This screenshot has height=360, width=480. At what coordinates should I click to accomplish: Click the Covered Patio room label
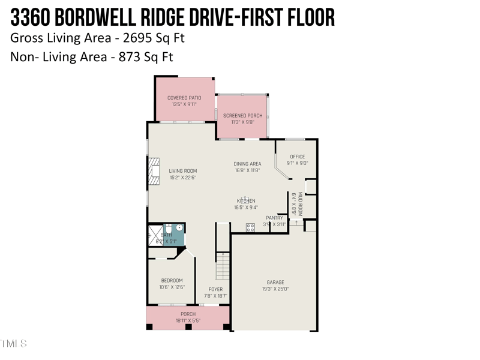click(x=184, y=98)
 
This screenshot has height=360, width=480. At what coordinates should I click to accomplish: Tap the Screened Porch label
click(x=239, y=116)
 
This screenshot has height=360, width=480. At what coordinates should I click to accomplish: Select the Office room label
click(x=298, y=157)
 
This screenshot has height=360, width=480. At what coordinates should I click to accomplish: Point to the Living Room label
click(x=182, y=171)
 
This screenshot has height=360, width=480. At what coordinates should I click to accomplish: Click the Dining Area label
click(x=247, y=164)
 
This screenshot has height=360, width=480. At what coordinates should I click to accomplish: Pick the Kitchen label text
click(x=246, y=201)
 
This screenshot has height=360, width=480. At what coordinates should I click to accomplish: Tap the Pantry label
click(x=274, y=218)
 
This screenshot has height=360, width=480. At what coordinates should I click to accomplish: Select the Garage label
click(x=275, y=282)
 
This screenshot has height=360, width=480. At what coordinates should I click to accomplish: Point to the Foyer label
click(x=215, y=290)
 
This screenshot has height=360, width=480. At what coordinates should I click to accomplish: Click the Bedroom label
click(x=172, y=281)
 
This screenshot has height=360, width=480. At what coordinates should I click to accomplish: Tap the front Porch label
click(x=188, y=314)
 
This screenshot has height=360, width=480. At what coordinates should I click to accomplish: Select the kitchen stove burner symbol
click(x=250, y=227)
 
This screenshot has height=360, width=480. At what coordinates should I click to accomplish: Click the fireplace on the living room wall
click(x=154, y=171)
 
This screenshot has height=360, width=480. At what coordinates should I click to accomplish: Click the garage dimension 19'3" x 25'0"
click(x=275, y=289)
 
